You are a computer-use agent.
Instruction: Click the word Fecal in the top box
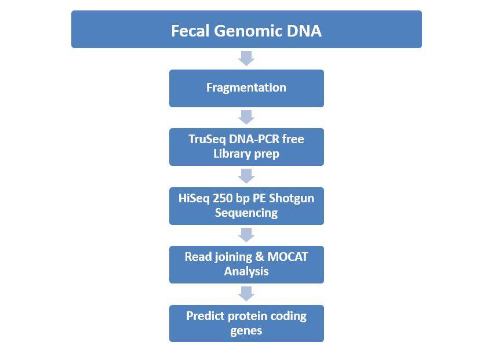pyautogui.click(x=191, y=31)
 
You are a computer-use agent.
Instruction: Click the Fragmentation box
pyautogui.click(x=246, y=88)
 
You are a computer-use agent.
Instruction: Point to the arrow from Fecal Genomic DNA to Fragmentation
pyautogui.click(x=246, y=59)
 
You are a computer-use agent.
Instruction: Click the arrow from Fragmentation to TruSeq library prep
pyautogui.click(x=246, y=117)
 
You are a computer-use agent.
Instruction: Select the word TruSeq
pyautogui.click(x=207, y=140)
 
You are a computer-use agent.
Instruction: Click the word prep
pyautogui.click(x=267, y=154)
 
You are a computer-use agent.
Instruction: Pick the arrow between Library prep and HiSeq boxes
pyautogui.click(x=246, y=176)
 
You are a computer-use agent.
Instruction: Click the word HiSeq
pyautogui.click(x=194, y=198)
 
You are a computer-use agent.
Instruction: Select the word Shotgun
pyautogui.click(x=292, y=199)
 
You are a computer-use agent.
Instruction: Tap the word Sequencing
pyautogui.click(x=246, y=213)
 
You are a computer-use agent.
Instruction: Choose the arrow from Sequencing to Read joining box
pyautogui.click(x=246, y=235)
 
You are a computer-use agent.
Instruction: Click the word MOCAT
pyautogui.click(x=288, y=257)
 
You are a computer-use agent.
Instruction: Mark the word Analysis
pyautogui.click(x=246, y=272)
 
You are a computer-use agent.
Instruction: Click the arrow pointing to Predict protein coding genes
pyautogui.click(x=246, y=293)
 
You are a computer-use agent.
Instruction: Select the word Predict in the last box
pyautogui.click(x=205, y=316)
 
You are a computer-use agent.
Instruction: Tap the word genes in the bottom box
pyautogui.click(x=246, y=331)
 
